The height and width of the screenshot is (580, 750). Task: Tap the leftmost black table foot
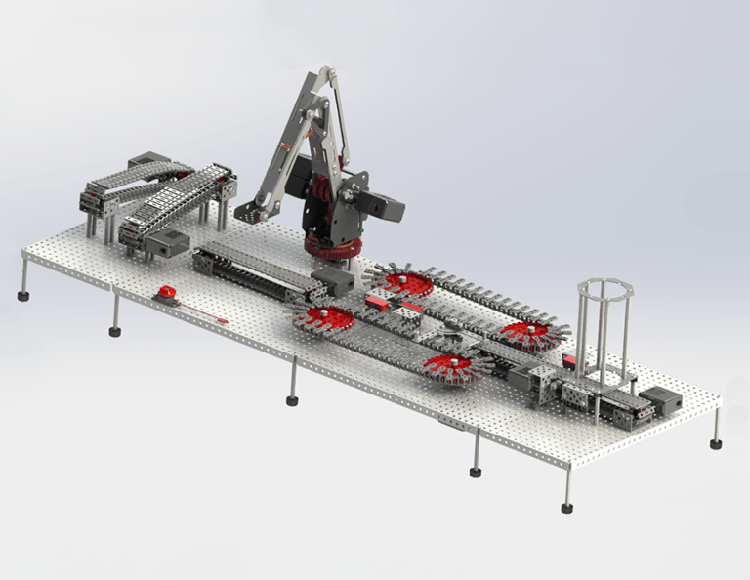(x=22, y=295)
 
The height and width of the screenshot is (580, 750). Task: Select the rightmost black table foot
(x=716, y=444)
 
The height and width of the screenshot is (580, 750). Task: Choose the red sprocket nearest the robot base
(x=407, y=283)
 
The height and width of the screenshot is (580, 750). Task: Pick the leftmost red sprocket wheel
(x=325, y=318)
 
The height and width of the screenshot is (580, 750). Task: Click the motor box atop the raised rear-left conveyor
(x=148, y=161)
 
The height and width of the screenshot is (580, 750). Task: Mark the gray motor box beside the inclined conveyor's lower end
(x=168, y=243)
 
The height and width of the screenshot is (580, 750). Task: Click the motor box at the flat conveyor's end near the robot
(x=334, y=283)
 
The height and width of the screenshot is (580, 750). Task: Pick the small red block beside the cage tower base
(x=569, y=362)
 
